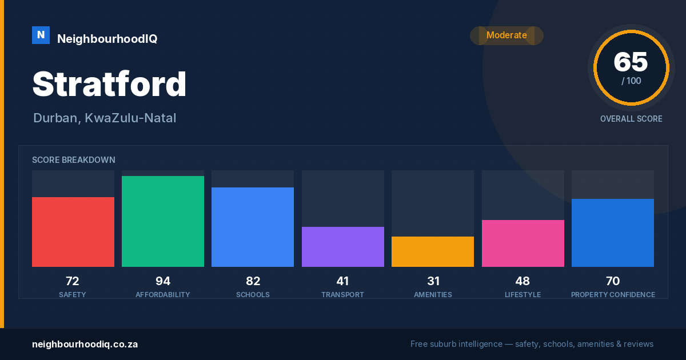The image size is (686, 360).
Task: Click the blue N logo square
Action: [x=41, y=35]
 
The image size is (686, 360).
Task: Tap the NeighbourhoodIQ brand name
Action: [x=107, y=39]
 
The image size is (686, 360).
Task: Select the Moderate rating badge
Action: [x=506, y=35]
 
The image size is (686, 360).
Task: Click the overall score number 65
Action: [x=631, y=62]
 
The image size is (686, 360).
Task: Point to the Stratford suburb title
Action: [x=109, y=84]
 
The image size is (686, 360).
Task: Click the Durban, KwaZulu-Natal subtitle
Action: [x=105, y=118]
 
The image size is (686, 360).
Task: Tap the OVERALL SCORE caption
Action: [x=631, y=119]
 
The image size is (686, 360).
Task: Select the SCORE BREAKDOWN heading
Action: [x=74, y=160]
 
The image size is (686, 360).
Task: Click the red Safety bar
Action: [x=73, y=232]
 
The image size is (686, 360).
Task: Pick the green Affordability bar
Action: [x=163, y=221]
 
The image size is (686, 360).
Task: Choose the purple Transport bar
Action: [x=343, y=247]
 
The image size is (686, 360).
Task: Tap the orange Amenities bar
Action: [x=433, y=251]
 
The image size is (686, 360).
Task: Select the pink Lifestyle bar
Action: [x=523, y=243]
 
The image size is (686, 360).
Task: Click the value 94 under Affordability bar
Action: [x=163, y=281]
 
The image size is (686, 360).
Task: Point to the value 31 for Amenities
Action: [x=433, y=281]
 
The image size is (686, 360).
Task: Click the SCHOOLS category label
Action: [x=253, y=295]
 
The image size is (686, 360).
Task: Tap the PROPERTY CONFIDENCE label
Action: [x=613, y=295]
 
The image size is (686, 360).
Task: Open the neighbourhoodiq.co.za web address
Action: [x=85, y=345]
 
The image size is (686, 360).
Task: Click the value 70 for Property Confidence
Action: [x=613, y=281]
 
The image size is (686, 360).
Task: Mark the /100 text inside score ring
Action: [x=631, y=81]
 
